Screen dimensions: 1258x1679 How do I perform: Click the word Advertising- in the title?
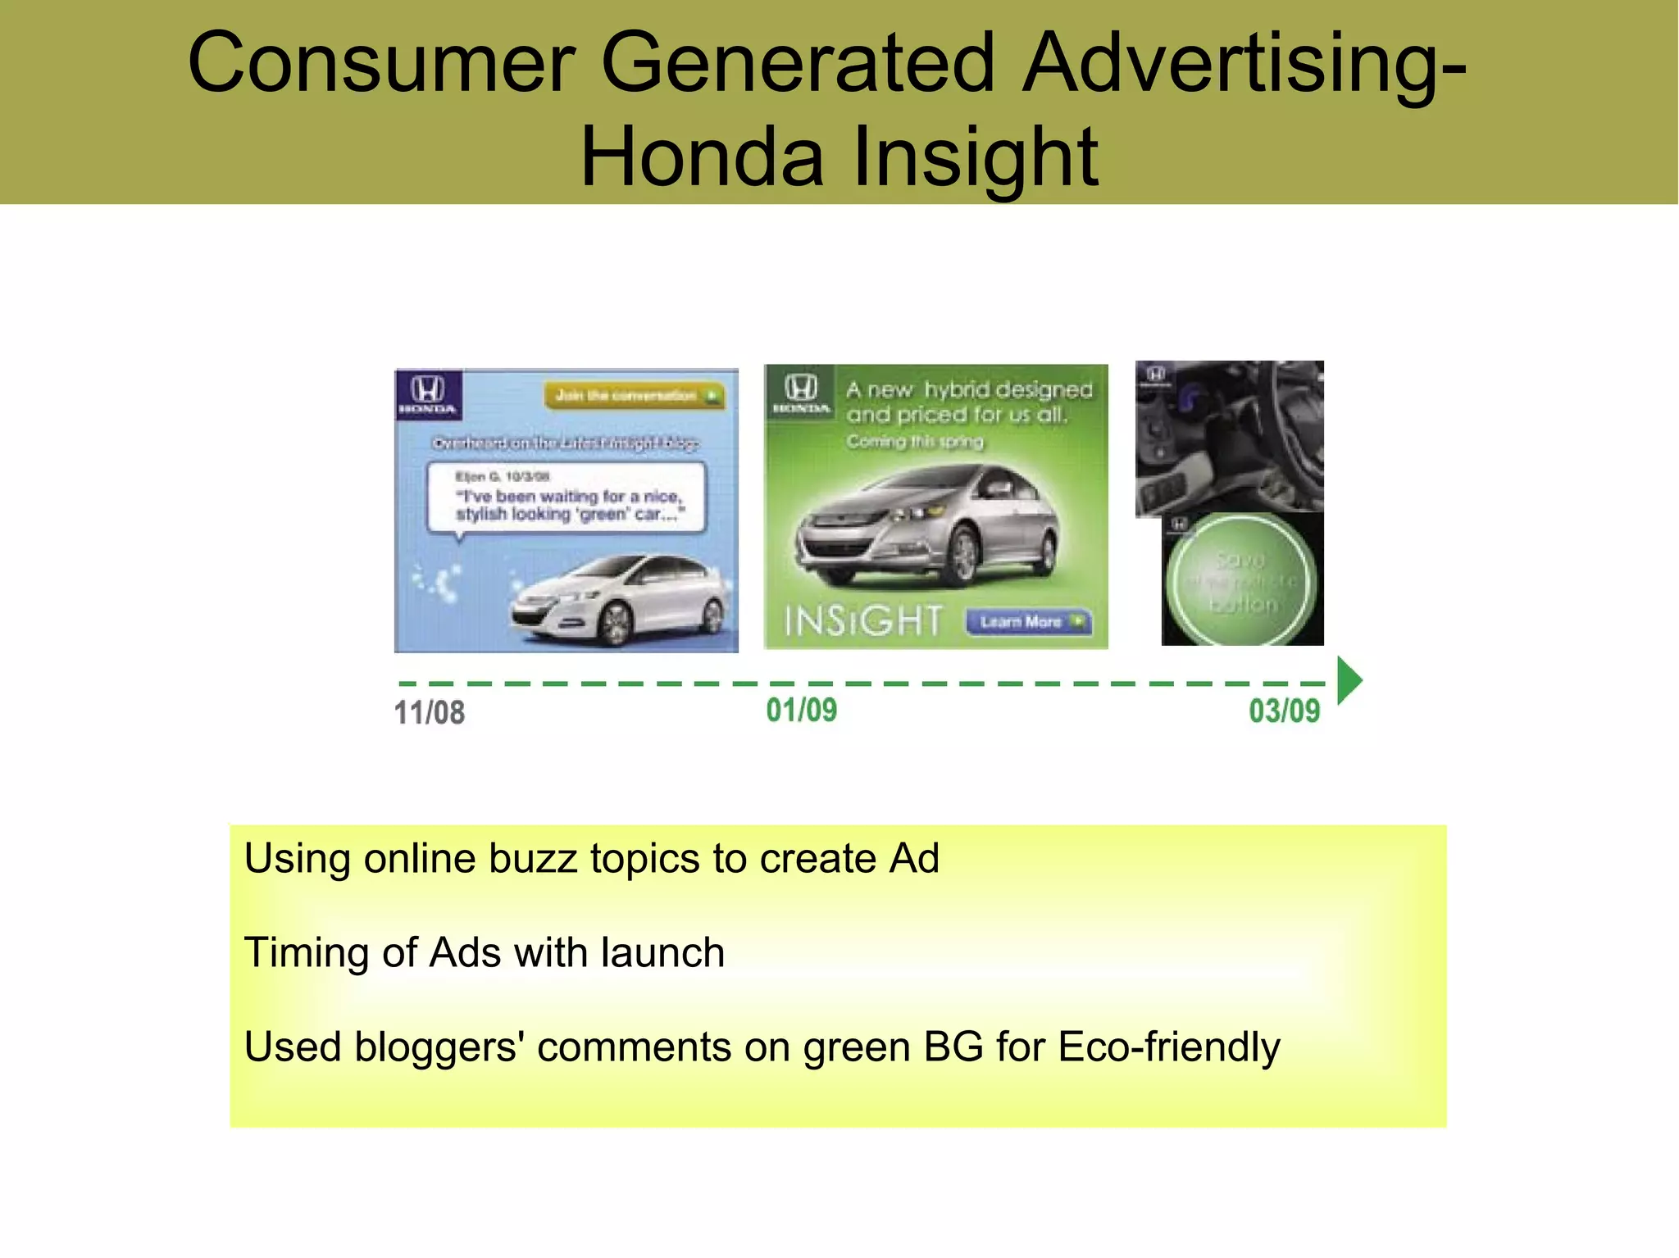point(1244,63)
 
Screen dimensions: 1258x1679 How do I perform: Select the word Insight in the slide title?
point(975,157)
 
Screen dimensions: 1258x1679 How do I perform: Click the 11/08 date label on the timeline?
point(430,713)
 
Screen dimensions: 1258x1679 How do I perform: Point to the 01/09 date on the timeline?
point(802,711)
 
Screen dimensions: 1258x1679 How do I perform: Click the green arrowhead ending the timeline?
point(1349,680)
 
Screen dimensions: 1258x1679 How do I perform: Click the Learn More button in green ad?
point(1028,622)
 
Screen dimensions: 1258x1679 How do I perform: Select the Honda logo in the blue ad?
point(428,394)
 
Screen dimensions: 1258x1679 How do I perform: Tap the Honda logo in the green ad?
point(801,392)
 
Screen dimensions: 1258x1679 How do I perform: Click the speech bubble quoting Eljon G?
point(566,497)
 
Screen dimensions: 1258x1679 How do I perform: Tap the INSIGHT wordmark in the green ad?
point(862,621)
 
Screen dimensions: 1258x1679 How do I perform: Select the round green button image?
point(1242,580)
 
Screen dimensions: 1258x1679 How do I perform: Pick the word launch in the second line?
point(662,953)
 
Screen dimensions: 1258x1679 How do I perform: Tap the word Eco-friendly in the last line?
point(1169,1047)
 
